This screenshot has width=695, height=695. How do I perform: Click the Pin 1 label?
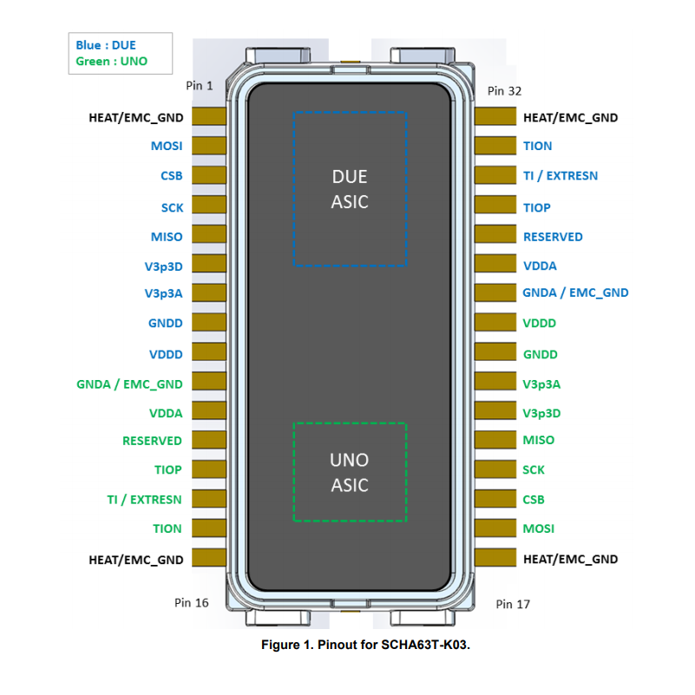(199, 85)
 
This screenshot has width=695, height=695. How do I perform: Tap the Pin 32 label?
(504, 90)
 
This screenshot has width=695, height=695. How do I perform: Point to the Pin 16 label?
(191, 602)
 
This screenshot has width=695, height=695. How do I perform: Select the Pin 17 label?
(513, 604)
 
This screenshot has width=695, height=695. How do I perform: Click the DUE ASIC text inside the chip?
(350, 189)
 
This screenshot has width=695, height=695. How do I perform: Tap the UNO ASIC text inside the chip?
(350, 472)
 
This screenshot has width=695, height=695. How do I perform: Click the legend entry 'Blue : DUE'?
(106, 45)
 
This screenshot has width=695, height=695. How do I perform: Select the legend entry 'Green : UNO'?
(111, 61)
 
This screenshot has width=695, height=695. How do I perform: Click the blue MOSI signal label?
(167, 146)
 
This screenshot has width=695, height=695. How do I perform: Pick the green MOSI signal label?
(538, 528)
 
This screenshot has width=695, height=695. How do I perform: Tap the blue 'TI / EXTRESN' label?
(560, 175)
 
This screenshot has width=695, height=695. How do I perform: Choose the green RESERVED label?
(152, 441)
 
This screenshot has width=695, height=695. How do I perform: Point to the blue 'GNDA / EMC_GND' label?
(575, 292)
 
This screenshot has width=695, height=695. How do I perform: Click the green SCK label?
(534, 469)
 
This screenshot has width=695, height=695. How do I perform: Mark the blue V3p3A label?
(164, 293)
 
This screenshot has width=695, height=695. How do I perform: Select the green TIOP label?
(168, 469)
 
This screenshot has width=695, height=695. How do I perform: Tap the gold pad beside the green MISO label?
(493, 440)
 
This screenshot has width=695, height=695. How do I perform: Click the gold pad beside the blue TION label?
(493, 146)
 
